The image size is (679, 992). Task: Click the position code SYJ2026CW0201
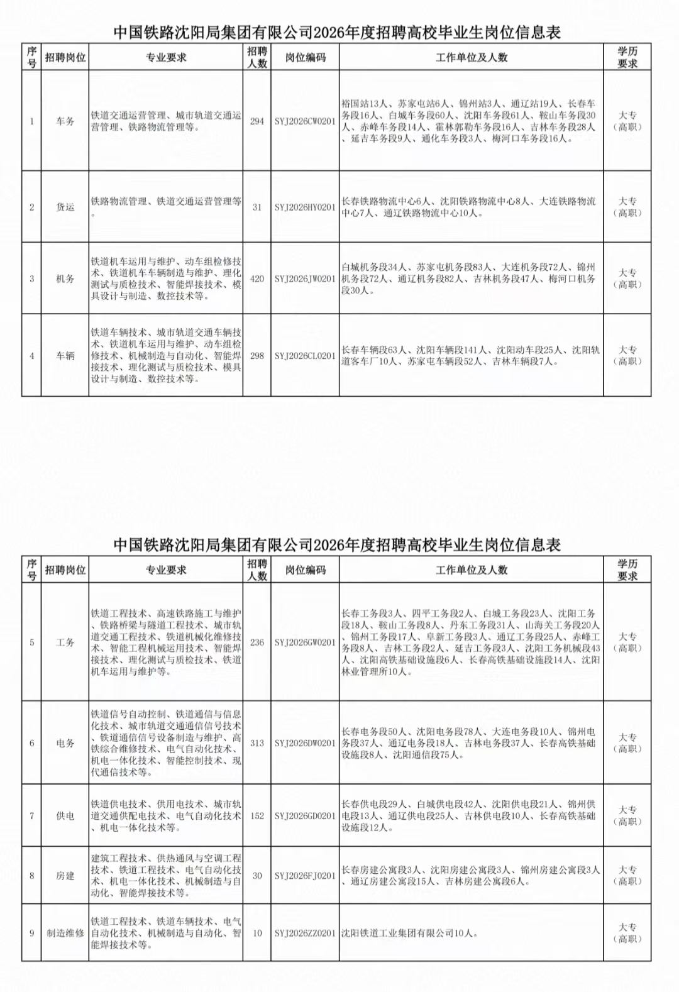coord(305,121)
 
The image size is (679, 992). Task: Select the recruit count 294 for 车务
coord(257,121)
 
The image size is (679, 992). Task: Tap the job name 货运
coord(65,207)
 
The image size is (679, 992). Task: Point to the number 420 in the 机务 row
coord(257,278)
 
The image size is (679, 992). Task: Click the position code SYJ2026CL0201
coord(305,356)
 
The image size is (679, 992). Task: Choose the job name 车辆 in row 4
coord(65,356)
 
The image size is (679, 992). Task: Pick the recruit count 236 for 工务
coord(257,642)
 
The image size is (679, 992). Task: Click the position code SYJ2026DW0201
coord(305,743)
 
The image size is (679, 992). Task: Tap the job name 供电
coord(65,816)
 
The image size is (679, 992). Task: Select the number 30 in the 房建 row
coord(257,876)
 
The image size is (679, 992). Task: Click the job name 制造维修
coord(65,934)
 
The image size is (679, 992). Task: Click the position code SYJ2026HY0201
coord(305,207)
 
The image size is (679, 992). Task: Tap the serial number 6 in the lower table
coord(32,743)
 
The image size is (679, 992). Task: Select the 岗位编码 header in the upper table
coord(305,57)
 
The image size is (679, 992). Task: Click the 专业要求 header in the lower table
coord(166,570)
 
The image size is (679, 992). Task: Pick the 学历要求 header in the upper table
coord(627,57)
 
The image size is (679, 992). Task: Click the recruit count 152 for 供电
coord(257,816)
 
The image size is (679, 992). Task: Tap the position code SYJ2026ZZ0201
coord(305,934)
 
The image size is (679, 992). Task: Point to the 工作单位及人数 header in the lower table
coord(472,570)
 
